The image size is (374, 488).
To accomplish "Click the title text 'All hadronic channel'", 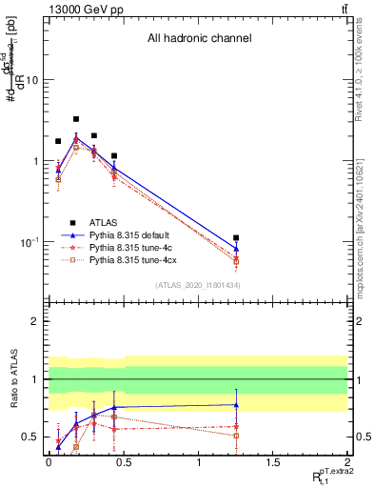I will (x=199, y=38).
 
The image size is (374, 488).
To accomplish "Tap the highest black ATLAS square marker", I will (x=76, y=119).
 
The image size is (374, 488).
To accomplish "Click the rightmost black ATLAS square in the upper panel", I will (x=236, y=237).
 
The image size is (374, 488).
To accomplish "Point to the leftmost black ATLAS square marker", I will (x=58, y=141).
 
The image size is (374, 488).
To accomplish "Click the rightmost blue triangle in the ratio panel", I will (x=236, y=405).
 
